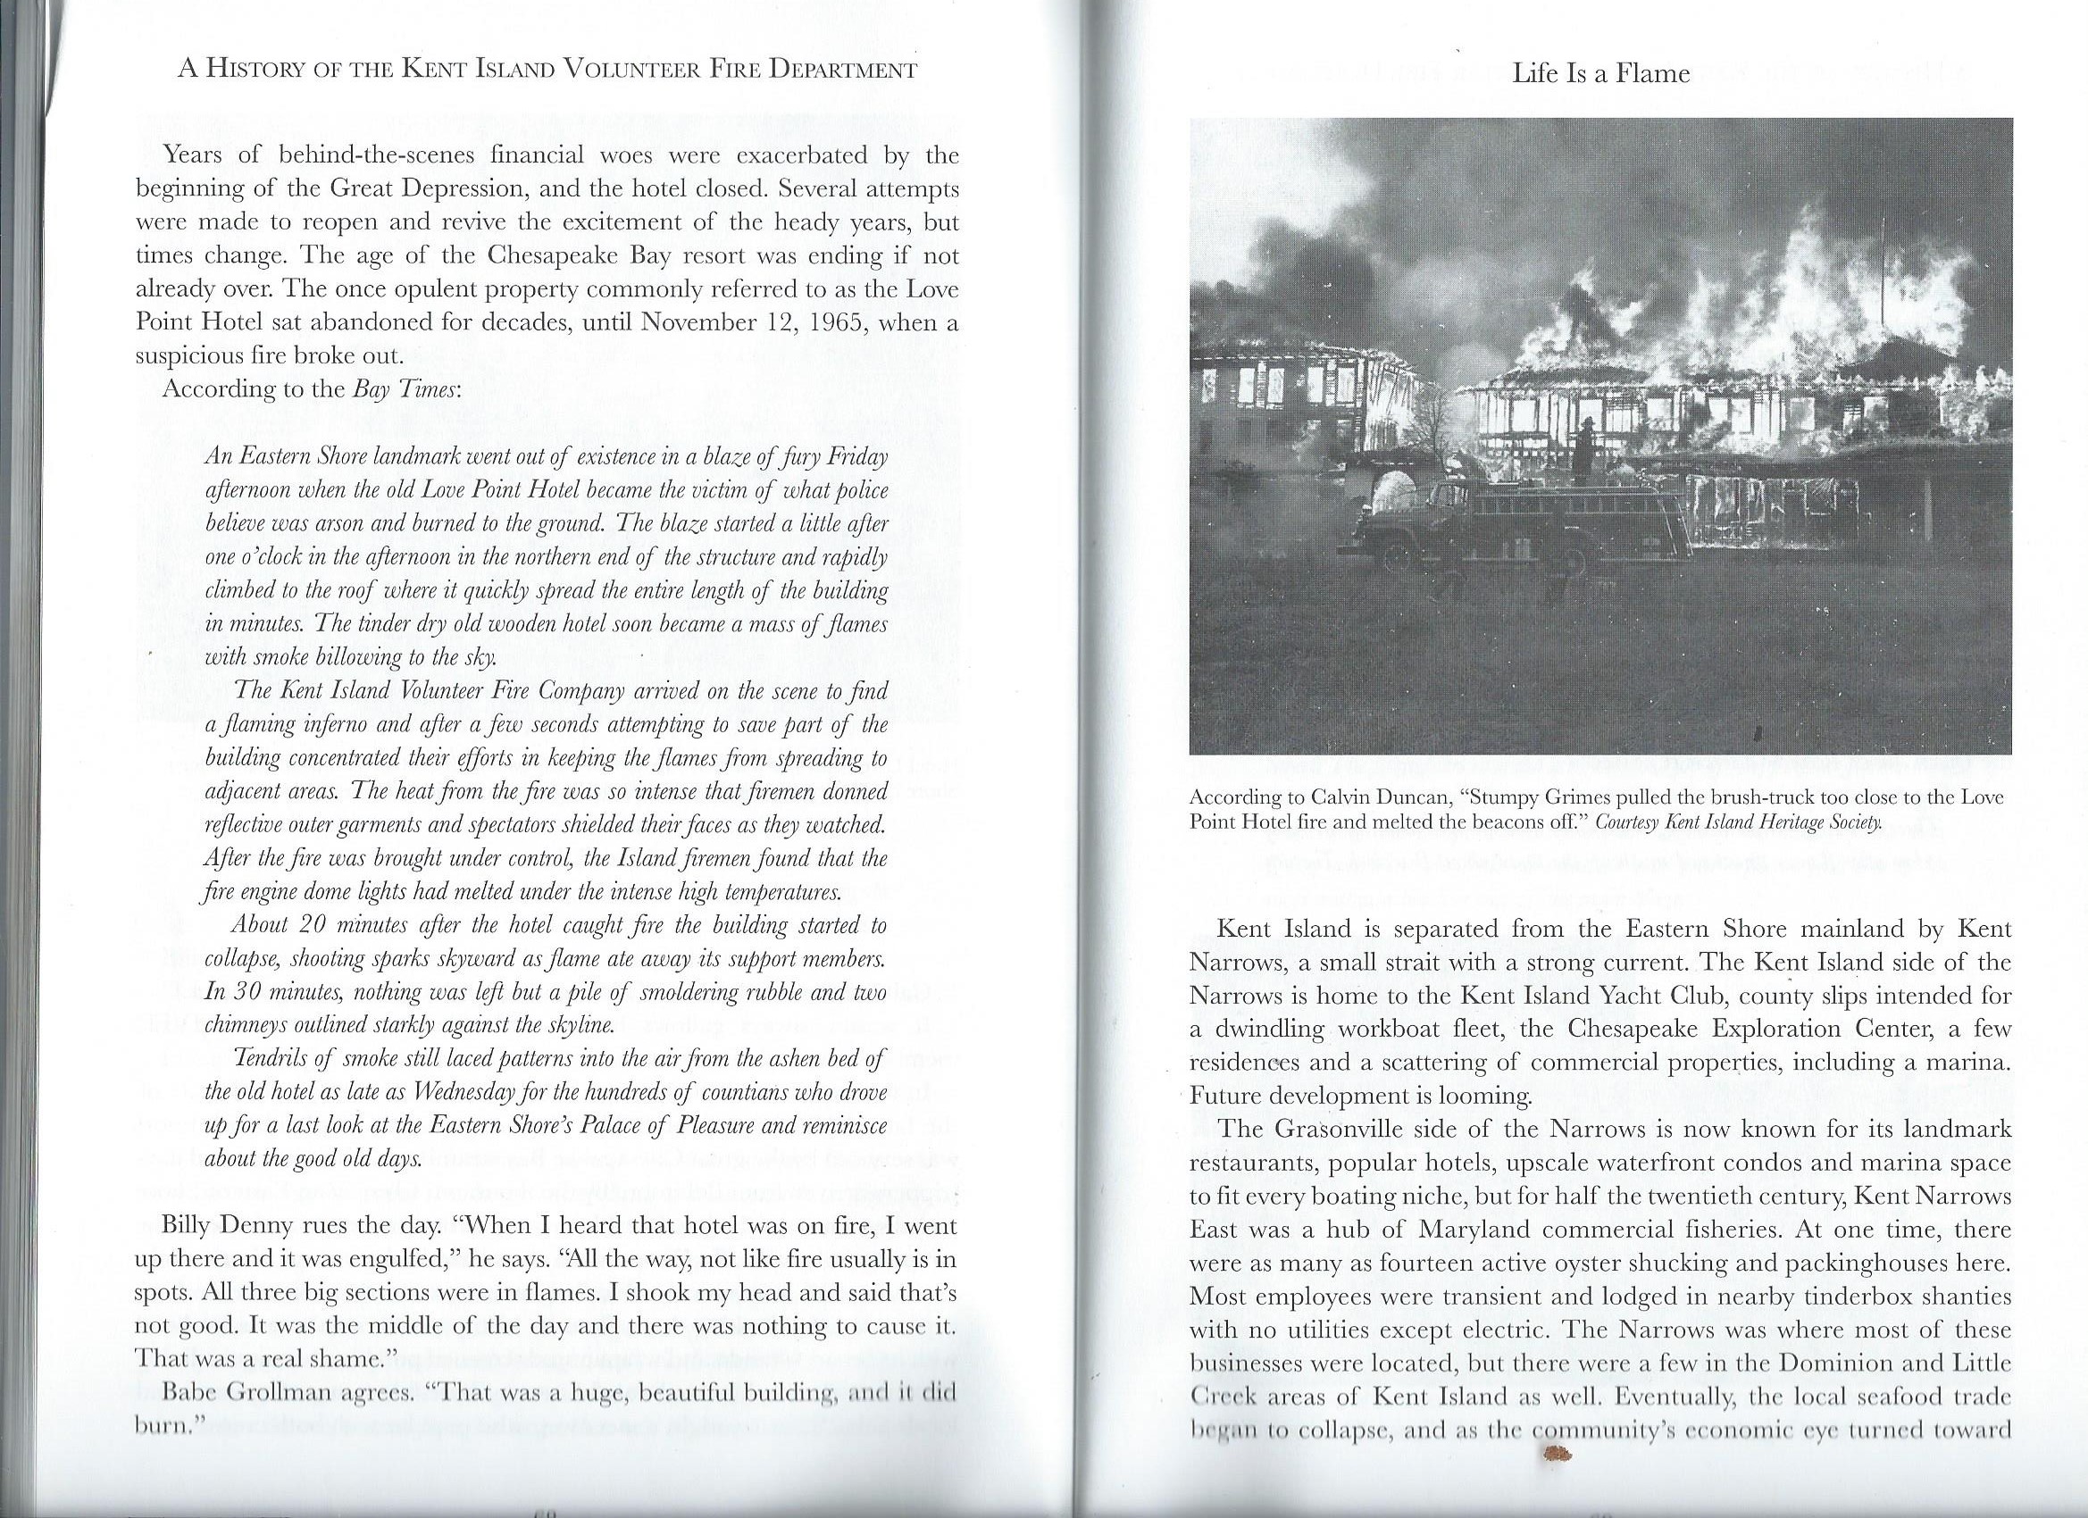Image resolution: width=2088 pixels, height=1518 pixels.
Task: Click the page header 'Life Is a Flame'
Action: coord(1601,73)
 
